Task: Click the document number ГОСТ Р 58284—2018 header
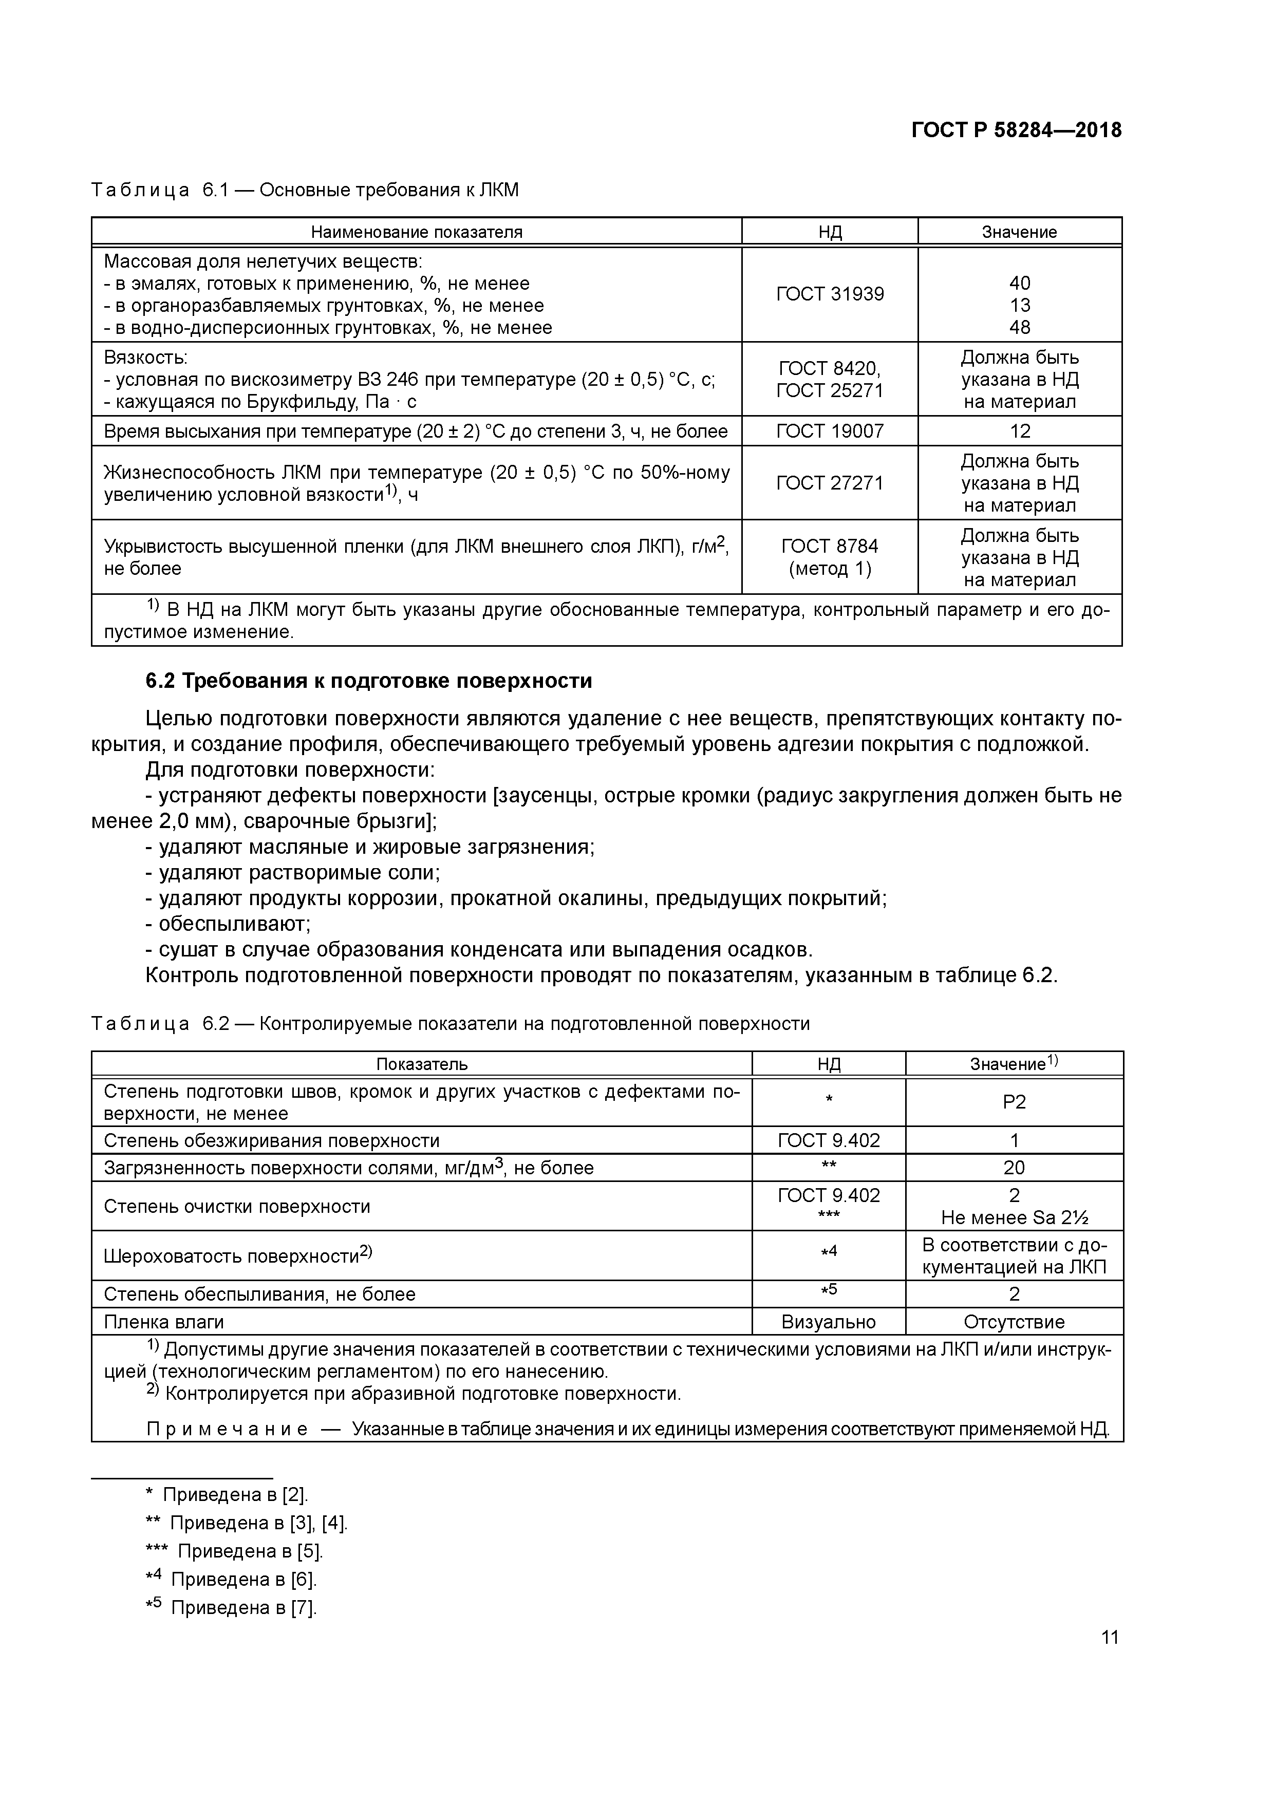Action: (1016, 130)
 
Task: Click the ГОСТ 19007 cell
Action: (829, 431)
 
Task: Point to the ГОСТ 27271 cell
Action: (829, 483)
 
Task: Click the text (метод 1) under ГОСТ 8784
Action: (829, 568)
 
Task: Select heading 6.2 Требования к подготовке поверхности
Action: (368, 681)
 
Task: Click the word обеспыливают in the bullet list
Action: (234, 924)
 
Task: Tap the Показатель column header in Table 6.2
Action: (422, 1064)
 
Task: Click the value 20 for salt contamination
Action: (1014, 1168)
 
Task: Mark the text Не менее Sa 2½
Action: (1014, 1217)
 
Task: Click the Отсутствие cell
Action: (1014, 1322)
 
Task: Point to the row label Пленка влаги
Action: (163, 1322)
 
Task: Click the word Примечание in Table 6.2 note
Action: (227, 1429)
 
